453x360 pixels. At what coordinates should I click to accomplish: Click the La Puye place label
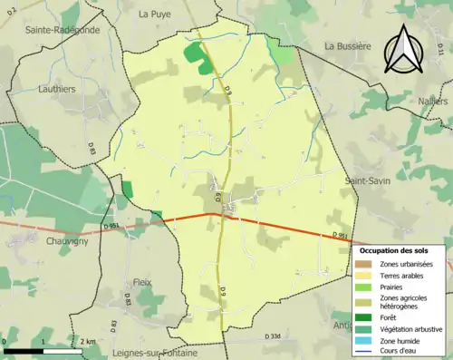(156, 14)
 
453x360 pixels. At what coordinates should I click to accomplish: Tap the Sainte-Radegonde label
(62, 29)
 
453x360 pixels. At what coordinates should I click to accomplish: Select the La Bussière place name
(348, 45)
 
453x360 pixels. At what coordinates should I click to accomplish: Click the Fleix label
(142, 282)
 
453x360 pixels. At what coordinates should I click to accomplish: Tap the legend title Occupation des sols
(394, 249)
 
